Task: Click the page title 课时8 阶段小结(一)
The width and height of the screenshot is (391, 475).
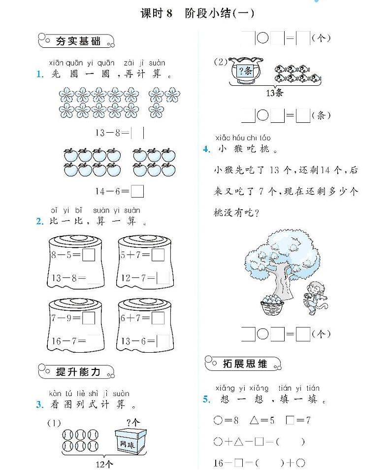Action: point(197,13)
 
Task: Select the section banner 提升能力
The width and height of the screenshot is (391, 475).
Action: point(78,371)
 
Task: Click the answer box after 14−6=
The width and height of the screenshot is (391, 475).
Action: point(138,191)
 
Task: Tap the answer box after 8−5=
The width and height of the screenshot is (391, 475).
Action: point(89,255)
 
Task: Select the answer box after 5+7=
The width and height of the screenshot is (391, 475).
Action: point(158,255)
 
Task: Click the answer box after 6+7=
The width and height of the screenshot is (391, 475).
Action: point(158,318)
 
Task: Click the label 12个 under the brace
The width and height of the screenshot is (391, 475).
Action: point(104,464)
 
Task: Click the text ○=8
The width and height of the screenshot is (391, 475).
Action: point(226,421)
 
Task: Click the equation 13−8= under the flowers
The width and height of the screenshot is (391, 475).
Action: point(112,133)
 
